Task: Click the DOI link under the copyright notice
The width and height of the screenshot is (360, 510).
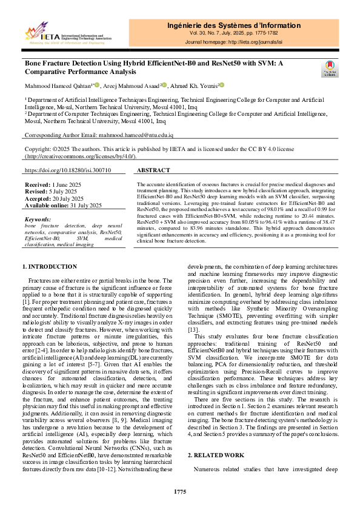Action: pyautogui.click(x=67, y=171)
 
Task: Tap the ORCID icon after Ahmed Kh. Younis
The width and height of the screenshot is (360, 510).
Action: pyautogui.click(x=221, y=85)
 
